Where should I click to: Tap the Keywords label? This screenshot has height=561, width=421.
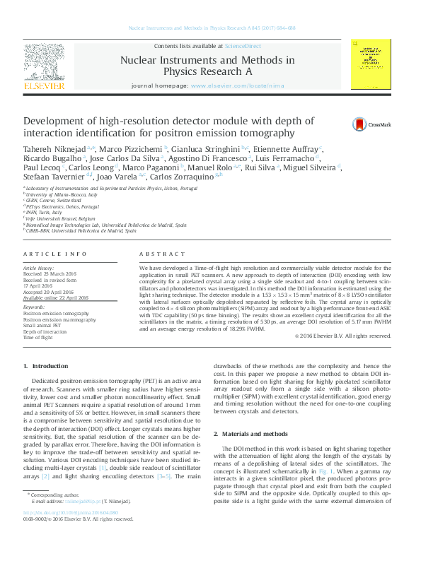point(34,307)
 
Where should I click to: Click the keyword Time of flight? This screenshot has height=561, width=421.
point(39,338)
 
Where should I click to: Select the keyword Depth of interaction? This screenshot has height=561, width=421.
point(46,331)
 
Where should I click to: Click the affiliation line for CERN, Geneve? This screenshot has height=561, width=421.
point(50,200)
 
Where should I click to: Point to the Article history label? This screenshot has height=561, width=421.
point(40,269)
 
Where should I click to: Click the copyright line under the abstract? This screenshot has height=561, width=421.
point(342,336)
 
